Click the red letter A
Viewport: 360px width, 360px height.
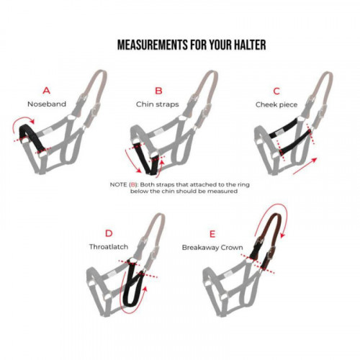tap(47, 91)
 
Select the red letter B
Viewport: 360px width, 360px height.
tap(159, 91)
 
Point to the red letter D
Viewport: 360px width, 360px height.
tap(109, 233)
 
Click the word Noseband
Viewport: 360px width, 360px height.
tap(47, 104)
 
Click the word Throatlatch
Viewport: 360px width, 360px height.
tap(109, 246)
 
